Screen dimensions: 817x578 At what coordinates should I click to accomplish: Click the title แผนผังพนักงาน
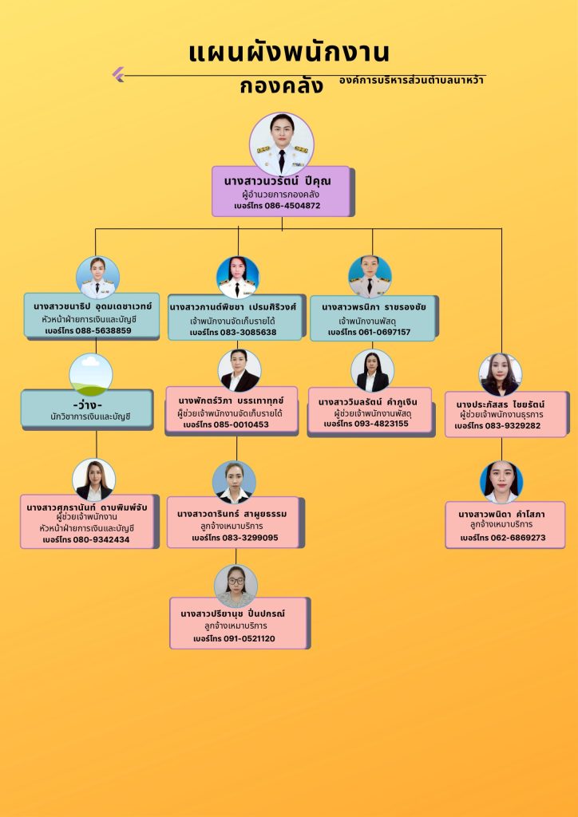point(289,53)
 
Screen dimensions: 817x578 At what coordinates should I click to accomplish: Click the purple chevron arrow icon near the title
point(118,75)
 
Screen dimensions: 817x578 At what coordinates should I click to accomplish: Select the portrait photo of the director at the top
point(282,144)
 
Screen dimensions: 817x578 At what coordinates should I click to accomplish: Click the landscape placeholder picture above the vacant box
point(91,374)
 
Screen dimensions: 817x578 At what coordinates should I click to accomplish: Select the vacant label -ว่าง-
point(87,402)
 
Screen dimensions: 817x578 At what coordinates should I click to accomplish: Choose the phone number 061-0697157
point(382,332)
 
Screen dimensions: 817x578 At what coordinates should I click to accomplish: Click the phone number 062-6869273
point(514,538)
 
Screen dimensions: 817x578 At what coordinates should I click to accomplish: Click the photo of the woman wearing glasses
point(236,586)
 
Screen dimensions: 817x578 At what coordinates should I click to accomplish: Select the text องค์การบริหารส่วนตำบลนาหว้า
point(412,81)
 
